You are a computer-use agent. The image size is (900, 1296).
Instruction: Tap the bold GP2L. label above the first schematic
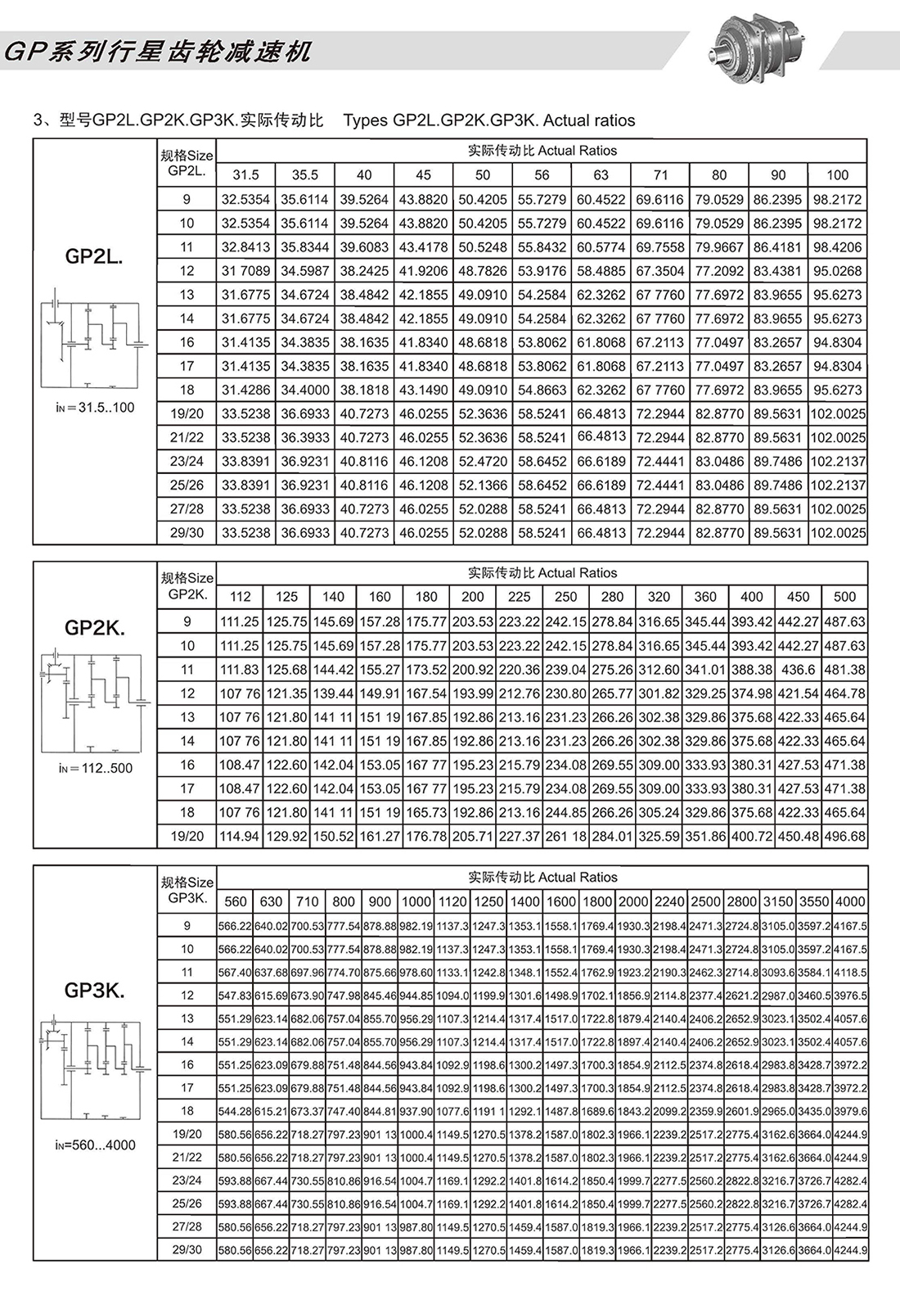click(94, 256)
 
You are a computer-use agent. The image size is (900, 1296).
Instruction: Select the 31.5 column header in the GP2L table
click(245, 174)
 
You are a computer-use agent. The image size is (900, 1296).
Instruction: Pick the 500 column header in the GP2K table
click(844, 597)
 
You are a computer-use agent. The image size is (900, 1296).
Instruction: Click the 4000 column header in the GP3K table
click(849, 901)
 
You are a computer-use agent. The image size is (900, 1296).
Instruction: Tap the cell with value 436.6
click(798, 669)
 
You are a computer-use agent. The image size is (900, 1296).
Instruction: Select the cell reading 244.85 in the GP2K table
click(565, 812)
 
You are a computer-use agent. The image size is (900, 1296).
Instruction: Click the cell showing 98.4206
click(837, 246)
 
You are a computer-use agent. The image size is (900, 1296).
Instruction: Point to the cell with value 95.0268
click(837, 270)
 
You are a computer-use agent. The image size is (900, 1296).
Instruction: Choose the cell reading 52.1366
click(483, 485)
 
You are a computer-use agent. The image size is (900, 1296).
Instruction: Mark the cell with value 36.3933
click(305, 437)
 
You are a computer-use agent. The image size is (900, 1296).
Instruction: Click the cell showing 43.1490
click(424, 390)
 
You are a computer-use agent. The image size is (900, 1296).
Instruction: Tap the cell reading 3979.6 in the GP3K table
click(849, 1111)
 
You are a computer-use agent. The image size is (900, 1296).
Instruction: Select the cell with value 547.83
click(235, 996)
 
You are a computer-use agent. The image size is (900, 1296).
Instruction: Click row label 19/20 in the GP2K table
click(187, 836)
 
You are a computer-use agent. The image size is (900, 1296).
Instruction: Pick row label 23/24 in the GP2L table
click(187, 461)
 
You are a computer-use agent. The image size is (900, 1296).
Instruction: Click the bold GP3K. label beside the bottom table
click(94, 991)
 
